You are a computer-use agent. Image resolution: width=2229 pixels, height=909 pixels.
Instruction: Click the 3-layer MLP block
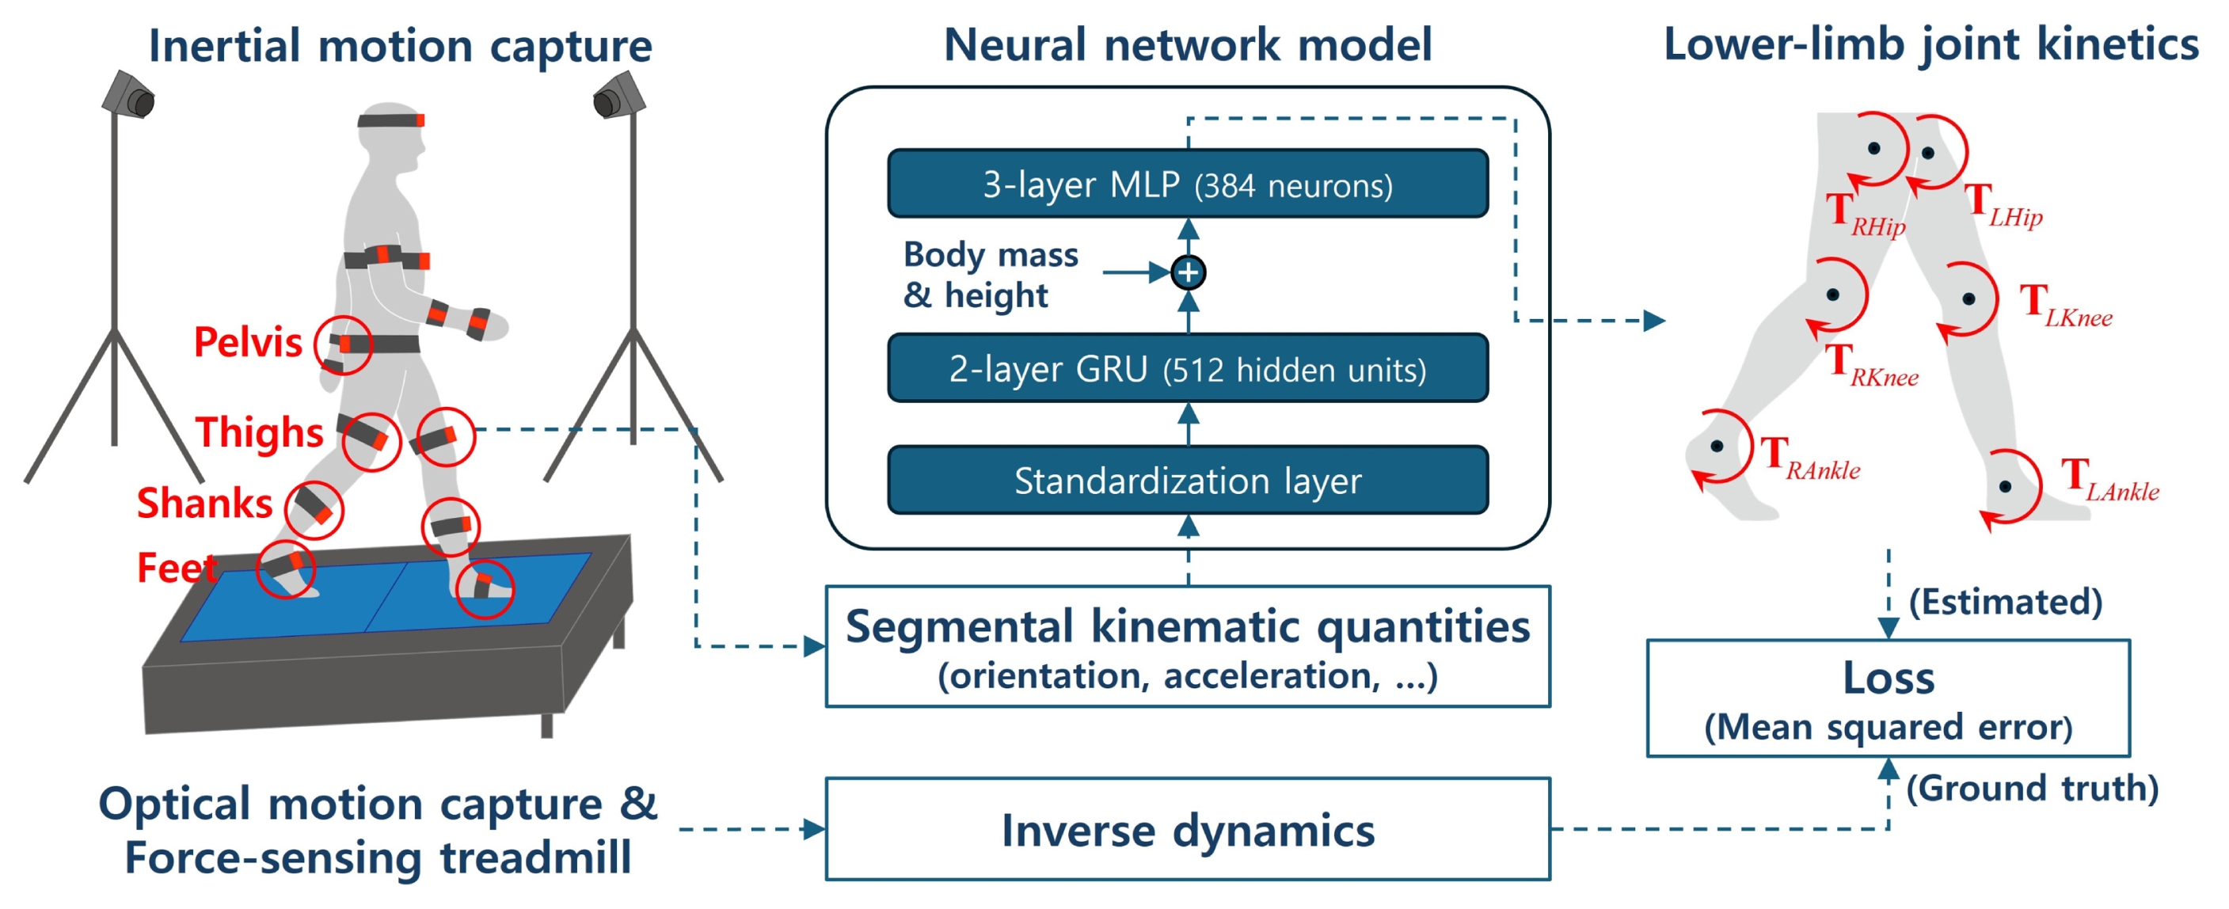(1187, 184)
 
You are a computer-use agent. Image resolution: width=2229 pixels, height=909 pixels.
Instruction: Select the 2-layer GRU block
(1187, 368)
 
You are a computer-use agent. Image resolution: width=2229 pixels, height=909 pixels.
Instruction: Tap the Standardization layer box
(1187, 480)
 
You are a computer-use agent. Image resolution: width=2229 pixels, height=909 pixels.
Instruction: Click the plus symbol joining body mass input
(1188, 272)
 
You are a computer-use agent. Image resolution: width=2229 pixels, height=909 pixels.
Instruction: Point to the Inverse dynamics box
(1187, 828)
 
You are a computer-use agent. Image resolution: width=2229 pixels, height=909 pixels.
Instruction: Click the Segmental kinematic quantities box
(1187, 646)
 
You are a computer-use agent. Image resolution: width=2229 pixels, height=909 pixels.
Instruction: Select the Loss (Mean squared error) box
(1887, 698)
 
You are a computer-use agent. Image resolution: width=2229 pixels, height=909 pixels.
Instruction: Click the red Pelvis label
(248, 343)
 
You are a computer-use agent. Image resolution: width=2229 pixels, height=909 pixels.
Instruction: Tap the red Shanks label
(204, 503)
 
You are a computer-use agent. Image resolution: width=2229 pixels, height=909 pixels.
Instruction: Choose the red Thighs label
(259, 432)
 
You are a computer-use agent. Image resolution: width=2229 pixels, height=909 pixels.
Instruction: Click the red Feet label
(177, 568)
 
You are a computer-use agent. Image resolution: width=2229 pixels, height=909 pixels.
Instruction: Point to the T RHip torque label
(1865, 214)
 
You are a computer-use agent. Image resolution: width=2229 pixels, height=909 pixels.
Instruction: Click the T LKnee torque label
(2065, 306)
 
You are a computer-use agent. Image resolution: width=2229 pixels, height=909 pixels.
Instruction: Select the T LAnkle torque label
(2109, 480)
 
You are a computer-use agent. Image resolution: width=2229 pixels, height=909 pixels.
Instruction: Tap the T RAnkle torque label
(1810, 458)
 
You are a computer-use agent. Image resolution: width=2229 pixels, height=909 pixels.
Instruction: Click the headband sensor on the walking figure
(391, 120)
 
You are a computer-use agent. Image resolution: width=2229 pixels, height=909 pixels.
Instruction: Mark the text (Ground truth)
(2032, 788)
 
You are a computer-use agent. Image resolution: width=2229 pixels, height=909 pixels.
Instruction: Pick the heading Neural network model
(1187, 44)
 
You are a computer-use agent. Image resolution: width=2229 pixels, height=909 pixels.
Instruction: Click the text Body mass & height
(991, 274)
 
